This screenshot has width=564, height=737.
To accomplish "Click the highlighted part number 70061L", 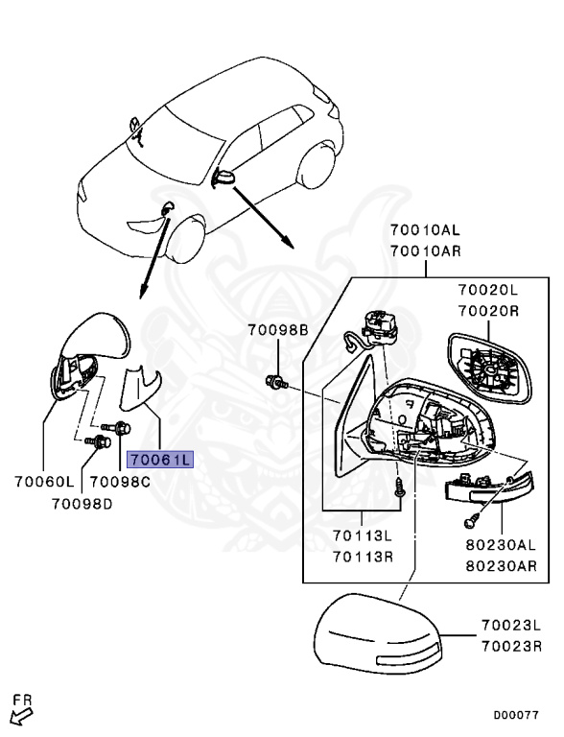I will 160,459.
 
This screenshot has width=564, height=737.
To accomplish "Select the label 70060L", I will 44,483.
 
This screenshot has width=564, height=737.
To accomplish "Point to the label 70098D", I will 82,503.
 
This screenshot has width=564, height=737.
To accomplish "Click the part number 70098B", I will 277,330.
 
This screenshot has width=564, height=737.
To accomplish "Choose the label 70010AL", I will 425,230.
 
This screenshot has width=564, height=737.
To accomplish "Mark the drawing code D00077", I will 516,715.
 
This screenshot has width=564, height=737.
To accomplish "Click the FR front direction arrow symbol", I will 20,710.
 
